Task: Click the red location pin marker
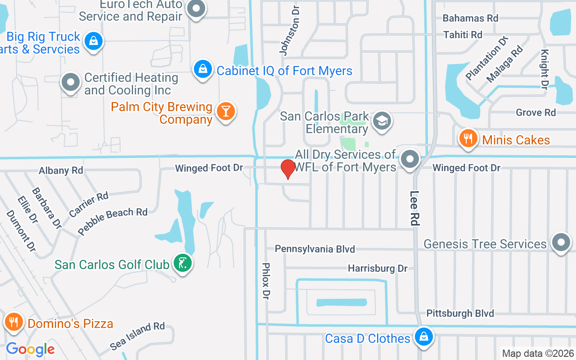(288, 169)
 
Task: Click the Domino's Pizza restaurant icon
(14, 322)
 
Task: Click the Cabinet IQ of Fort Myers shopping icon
(203, 69)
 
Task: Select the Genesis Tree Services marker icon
(561, 243)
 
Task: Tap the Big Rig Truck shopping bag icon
(93, 41)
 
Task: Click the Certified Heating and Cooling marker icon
(71, 82)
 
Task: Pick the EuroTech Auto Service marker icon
(196, 9)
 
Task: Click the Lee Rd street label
(414, 208)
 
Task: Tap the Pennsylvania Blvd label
(315, 249)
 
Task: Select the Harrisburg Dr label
(378, 269)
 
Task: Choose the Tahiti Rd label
(462, 35)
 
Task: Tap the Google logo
(30, 349)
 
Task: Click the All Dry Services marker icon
(409, 159)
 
